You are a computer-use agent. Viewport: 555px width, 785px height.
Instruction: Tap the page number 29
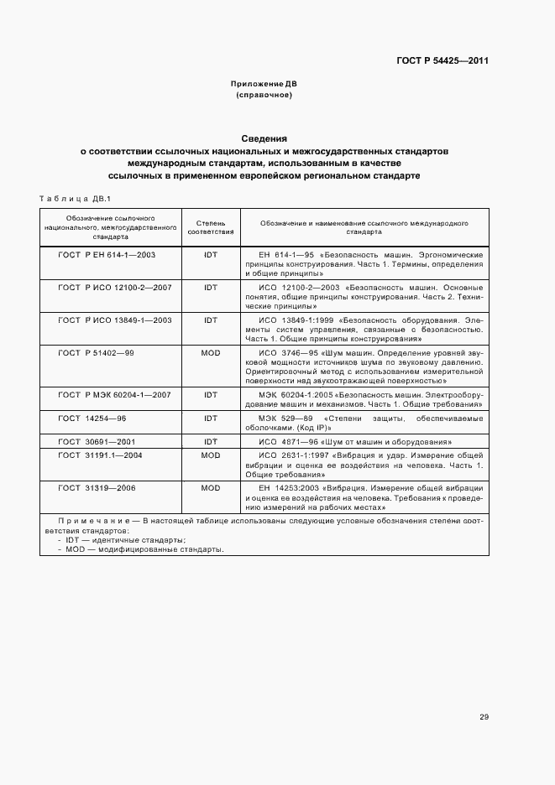pyautogui.click(x=484, y=716)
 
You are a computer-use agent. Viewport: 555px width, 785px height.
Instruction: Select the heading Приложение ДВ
pyautogui.click(x=264, y=85)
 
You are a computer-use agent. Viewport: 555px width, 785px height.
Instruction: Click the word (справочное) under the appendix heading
pyautogui.click(x=264, y=96)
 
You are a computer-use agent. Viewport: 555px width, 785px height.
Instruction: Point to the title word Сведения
pyautogui.click(x=264, y=138)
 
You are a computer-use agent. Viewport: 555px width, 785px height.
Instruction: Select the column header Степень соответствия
pyautogui.click(x=210, y=226)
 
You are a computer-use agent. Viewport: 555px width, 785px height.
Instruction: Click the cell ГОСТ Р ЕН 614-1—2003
pyautogui.click(x=107, y=253)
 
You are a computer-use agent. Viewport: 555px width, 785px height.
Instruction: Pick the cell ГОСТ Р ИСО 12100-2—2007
pyautogui.click(x=114, y=287)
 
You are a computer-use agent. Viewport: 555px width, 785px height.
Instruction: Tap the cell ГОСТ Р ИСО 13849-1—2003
pyautogui.click(x=114, y=320)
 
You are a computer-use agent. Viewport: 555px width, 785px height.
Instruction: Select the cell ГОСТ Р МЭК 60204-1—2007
pyautogui.click(x=114, y=394)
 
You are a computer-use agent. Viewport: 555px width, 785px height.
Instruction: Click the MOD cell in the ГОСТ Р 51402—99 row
pyautogui.click(x=210, y=353)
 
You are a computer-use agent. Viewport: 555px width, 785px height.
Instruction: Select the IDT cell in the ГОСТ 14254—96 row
pyautogui.click(x=210, y=417)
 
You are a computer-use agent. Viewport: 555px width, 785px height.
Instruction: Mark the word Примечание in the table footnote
pyautogui.click(x=86, y=522)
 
